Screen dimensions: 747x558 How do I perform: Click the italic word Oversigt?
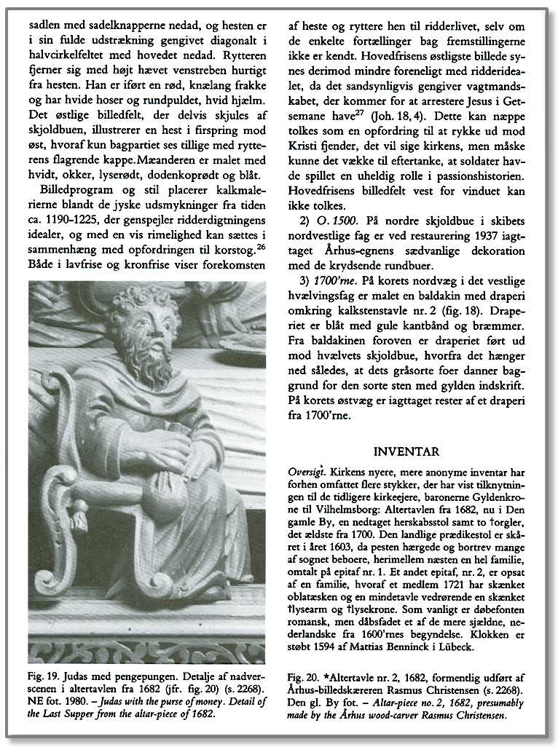(x=307, y=471)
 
